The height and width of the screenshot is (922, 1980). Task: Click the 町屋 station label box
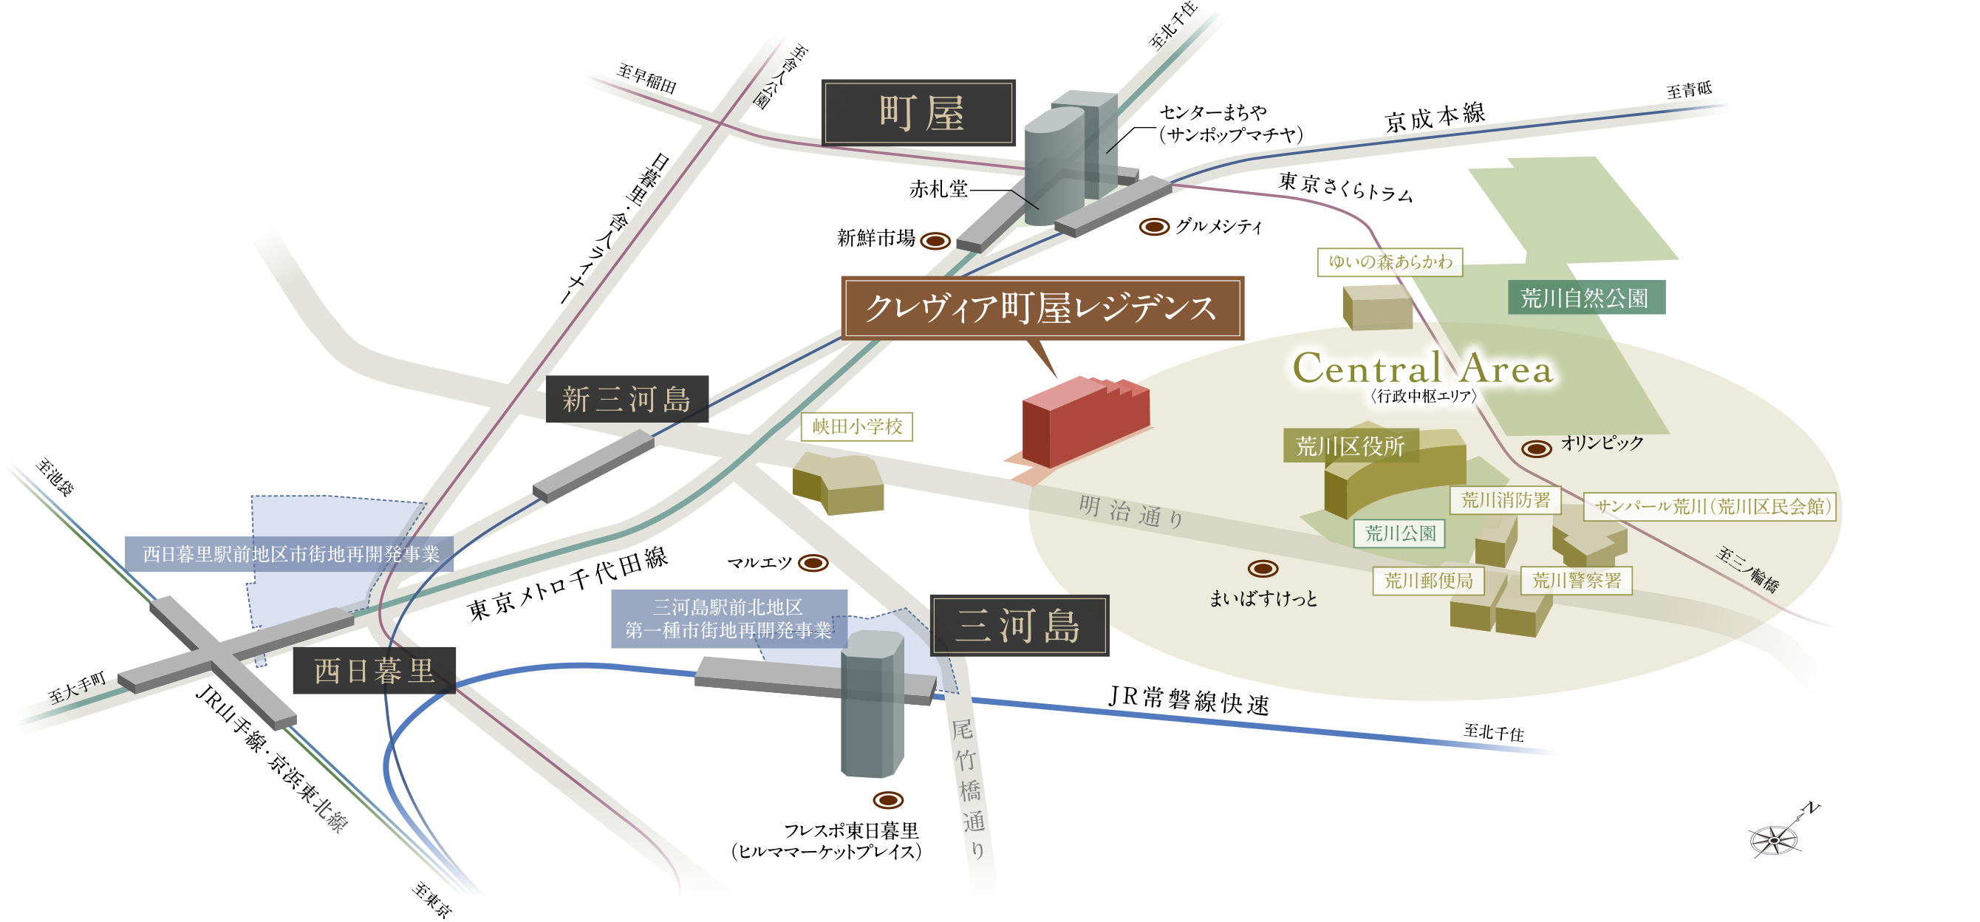[918, 113]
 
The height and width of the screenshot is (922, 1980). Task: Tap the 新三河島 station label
[627, 399]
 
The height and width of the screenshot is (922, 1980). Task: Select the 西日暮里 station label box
[375, 671]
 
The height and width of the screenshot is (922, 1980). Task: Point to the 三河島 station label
[1020, 626]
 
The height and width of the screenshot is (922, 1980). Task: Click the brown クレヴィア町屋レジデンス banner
[1042, 308]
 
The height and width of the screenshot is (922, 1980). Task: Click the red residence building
[1085, 423]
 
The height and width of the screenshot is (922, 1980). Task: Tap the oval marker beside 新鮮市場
[935, 242]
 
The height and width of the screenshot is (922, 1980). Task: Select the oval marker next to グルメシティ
[1154, 227]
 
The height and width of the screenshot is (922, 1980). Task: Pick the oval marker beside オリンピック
[1537, 448]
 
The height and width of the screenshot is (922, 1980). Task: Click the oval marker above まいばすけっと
[1262, 569]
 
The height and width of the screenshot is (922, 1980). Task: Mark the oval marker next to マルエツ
[813, 563]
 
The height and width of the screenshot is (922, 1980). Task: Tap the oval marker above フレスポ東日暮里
[888, 800]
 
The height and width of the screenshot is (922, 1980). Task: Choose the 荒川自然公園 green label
[1585, 297]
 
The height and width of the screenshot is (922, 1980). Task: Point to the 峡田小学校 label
[856, 426]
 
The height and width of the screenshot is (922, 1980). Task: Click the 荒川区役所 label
[1350, 445]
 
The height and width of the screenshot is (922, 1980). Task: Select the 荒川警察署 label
[1576, 580]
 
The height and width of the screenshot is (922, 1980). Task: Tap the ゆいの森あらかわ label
[1390, 262]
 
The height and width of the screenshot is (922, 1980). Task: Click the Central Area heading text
[1423, 369]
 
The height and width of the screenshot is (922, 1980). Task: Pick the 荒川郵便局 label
[1428, 580]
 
